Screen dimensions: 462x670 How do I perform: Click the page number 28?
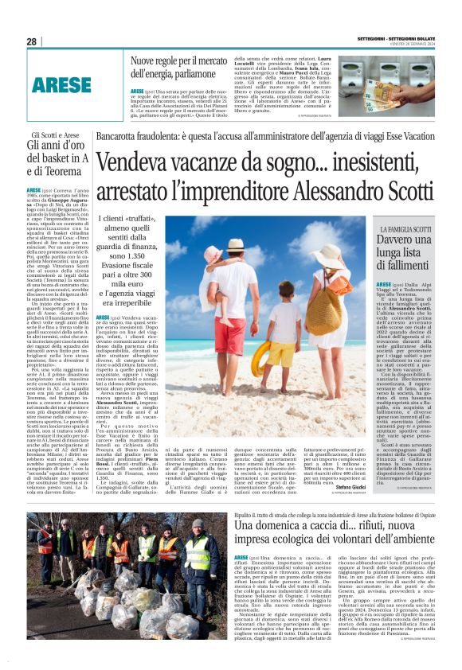31,41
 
